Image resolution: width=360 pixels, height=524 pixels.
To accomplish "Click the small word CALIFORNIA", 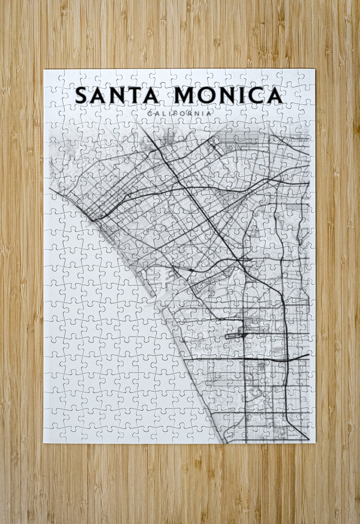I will pos(180,114).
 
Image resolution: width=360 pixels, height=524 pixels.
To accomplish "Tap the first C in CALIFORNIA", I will pos(150,114).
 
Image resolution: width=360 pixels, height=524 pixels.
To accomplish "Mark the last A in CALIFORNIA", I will pos(209,114).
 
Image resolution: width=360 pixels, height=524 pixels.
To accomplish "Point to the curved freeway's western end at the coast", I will pos(93,220).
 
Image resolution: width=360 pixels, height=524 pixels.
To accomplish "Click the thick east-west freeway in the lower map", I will pos(277,360).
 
